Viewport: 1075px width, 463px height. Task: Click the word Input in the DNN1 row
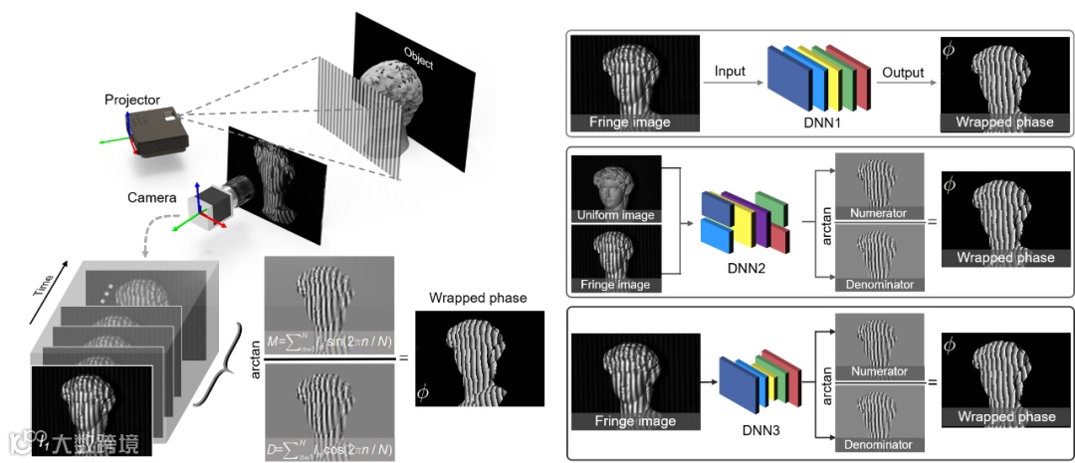[731, 73]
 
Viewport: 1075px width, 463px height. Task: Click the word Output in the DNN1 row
[903, 73]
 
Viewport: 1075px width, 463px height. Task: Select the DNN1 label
[819, 122]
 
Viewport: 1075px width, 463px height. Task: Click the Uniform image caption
[617, 215]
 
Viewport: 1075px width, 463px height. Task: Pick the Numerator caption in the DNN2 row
[879, 212]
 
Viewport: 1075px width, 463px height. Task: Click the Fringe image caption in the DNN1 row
[632, 122]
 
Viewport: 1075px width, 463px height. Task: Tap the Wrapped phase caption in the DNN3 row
[1004, 417]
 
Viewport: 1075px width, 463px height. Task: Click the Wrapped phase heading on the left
[478, 298]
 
